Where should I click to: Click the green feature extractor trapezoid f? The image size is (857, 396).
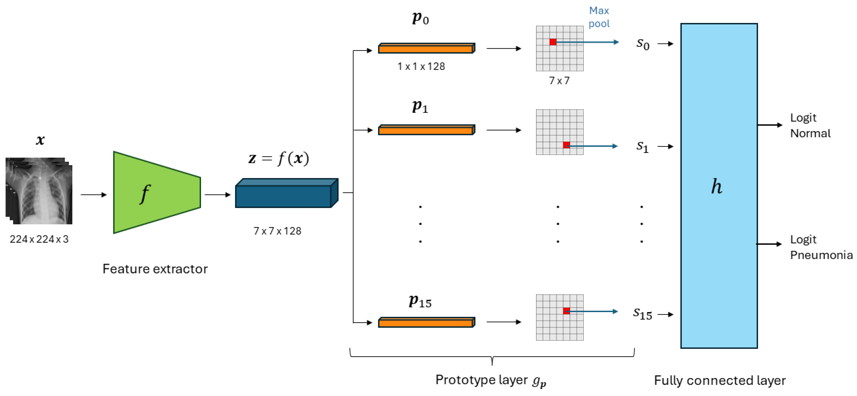coord(156,193)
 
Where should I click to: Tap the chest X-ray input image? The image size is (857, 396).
coord(39,191)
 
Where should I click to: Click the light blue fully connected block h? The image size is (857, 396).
coord(719,186)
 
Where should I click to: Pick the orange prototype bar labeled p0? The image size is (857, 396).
coord(426,49)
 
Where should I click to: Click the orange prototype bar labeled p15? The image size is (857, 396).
coord(426,322)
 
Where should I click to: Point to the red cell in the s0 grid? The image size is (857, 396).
coord(553,42)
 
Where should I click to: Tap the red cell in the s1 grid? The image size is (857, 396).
coord(566,145)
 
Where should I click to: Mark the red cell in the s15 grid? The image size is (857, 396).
coord(566,310)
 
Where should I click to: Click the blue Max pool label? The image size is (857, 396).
coord(599,17)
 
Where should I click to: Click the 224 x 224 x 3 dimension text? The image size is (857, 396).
coord(39,239)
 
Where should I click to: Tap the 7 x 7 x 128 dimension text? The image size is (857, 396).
coord(277,231)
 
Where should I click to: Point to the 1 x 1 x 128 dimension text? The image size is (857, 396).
coord(421,66)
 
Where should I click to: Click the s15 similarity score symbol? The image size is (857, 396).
coord(642,313)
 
